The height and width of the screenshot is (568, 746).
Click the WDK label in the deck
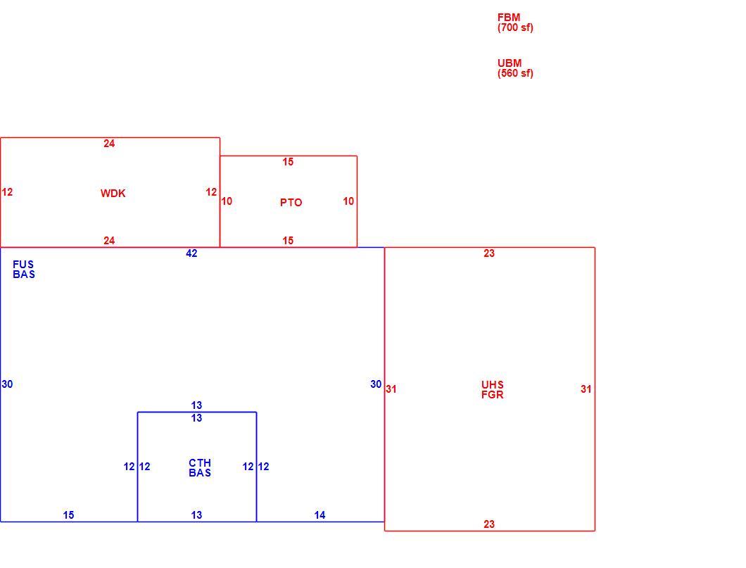[113, 193]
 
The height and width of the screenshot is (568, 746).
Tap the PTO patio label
[291, 203]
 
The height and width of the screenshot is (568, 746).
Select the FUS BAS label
[24, 270]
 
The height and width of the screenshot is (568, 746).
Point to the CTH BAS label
[200, 467]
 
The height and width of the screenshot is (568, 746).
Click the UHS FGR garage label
[493, 390]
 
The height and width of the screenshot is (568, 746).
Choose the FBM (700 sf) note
[515, 23]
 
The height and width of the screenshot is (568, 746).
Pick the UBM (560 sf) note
[515, 68]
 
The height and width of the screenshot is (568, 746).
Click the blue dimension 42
[191, 253]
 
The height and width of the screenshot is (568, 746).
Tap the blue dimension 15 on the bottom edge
[68, 515]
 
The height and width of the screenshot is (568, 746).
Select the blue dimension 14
[320, 515]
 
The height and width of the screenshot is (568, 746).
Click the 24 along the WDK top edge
[109, 144]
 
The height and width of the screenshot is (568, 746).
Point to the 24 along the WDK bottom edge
[109, 241]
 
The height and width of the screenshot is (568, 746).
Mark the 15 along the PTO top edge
[288, 162]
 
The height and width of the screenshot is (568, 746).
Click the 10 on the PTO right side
[348, 201]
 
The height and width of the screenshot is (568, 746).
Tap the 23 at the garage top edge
[489, 253]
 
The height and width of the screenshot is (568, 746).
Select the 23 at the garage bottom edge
[489, 524]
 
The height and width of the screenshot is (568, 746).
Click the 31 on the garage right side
[586, 389]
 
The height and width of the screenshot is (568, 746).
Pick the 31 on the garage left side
[391, 389]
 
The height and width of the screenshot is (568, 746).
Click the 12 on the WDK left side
[7, 192]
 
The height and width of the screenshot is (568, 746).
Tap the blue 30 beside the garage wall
[376, 384]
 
